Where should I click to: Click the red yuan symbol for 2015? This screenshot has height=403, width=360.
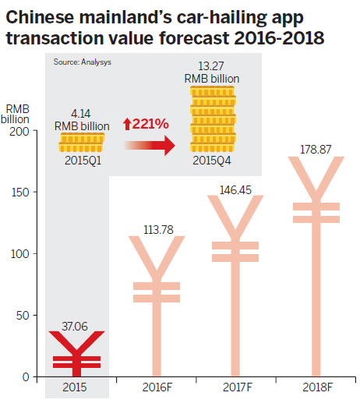point(76,355)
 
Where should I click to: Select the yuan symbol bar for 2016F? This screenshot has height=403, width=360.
point(157,312)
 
